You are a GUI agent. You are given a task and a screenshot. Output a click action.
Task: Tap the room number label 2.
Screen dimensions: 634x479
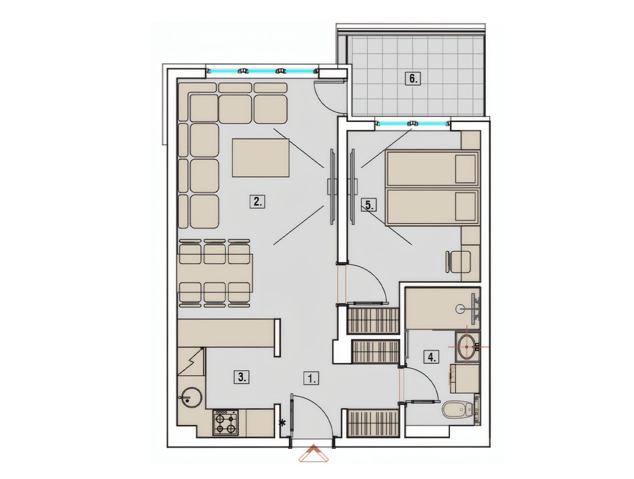257,202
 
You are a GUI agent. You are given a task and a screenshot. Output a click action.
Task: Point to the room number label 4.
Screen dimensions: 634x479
431,357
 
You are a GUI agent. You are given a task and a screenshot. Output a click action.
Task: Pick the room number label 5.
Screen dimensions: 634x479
369,205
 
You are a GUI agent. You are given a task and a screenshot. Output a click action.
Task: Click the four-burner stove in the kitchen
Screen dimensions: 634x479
226,422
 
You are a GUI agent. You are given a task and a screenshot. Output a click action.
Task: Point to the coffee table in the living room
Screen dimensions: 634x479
260,158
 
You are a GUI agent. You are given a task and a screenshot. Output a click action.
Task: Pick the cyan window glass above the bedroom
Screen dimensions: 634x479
413,124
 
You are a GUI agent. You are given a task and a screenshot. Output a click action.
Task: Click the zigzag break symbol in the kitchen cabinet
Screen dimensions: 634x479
191,361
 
